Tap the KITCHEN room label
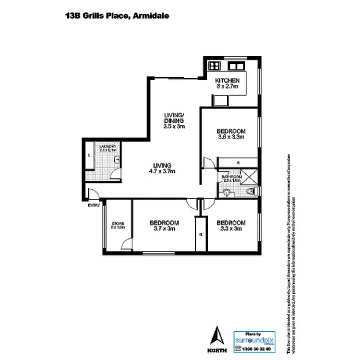click(227, 80)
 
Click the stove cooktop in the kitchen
click(214, 66)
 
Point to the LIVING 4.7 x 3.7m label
click(162, 168)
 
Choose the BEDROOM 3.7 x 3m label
click(164, 226)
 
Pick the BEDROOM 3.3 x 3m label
click(231, 226)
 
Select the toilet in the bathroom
click(251, 192)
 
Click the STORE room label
click(118, 225)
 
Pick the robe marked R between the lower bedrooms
click(201, 234)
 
